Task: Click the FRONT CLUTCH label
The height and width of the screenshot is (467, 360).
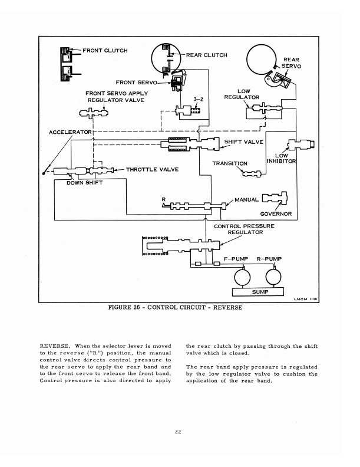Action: coord(105,51)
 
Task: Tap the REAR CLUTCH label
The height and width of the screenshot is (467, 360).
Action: coord(206,55)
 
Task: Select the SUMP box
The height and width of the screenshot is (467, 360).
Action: coord(257,292)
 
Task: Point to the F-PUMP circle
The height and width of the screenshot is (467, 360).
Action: coord(242,277)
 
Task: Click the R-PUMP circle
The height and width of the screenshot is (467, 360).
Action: coord(273,277)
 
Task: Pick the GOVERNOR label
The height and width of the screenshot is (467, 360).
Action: coord(276,214)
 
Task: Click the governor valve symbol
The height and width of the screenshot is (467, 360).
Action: coord(275,198)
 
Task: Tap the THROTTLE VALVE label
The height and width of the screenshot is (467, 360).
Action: coord(153,169)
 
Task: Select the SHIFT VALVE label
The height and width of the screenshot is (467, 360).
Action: coord(244,142)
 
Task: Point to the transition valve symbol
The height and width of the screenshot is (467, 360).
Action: coord(252,173)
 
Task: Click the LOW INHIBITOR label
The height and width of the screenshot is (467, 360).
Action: coord(281,159)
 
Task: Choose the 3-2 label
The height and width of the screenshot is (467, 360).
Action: coord(198,99)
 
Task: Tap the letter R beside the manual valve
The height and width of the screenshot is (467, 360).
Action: coord(164,199)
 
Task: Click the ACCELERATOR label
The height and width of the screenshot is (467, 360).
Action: coord(70,132)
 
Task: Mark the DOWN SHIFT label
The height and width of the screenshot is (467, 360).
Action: coord(84,183)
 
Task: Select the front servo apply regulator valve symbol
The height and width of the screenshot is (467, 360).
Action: coord(94,113)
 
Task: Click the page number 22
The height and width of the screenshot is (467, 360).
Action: coord(178,432)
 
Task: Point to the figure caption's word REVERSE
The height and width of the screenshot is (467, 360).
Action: coord(227,307)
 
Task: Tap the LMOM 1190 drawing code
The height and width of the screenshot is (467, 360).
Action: coord(306,299)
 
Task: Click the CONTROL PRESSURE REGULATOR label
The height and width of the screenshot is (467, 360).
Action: coord(245,229)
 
